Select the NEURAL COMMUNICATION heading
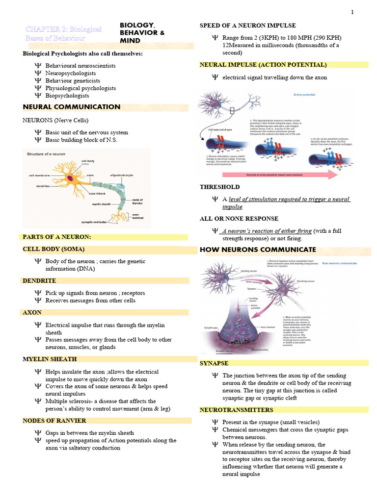[71, 107]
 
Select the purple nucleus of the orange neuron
[70, 178]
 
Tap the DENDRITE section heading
[40, 281]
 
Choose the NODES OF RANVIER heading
[54, 421]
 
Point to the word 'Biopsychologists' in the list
[67, 96]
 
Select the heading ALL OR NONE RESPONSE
[239, 219]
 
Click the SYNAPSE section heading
[214, 363]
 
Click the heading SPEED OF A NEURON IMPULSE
[247, 25]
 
